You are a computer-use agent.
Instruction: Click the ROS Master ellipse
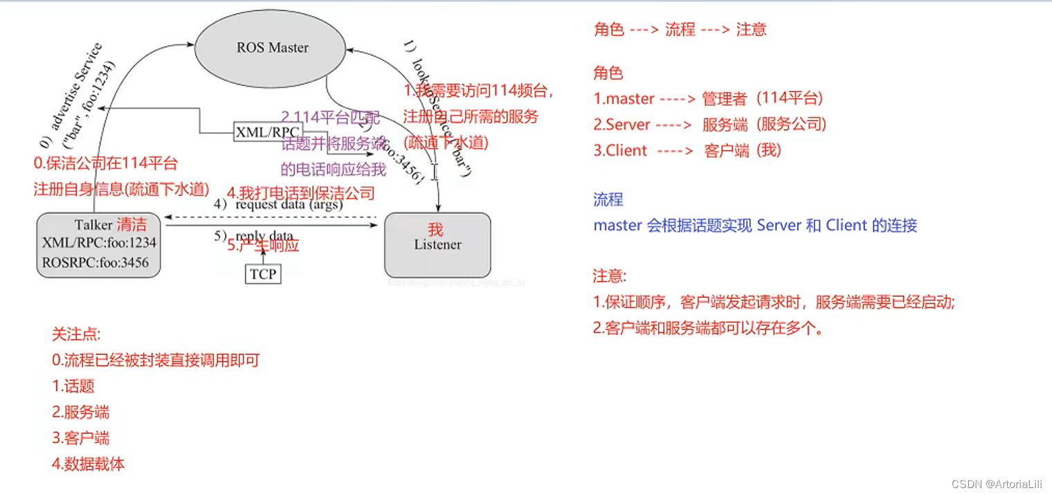tap(271, 47)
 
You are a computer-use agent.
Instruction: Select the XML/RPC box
tap(268, 132)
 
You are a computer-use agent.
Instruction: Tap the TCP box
tap(263, 274)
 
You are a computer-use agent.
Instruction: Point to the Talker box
tap(98, 245)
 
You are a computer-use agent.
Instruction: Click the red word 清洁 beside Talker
tap(131, 224)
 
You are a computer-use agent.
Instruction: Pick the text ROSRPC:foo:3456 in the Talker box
tap(95, 262)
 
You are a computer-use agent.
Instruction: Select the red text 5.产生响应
tap(263, 245)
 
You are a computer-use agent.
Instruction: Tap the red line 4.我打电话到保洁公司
tap(301, 192)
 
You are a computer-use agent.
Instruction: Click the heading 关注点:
tap(76, 334)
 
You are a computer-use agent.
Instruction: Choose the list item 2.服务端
tap(80, 413)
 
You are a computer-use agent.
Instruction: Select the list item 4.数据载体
tap(88, 464)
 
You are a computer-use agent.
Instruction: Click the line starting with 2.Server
tap(709, 125)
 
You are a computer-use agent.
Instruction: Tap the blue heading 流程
tap(608, 199)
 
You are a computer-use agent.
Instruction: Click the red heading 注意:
tap(609, 276)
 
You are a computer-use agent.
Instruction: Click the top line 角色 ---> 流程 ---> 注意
tap(680, 29)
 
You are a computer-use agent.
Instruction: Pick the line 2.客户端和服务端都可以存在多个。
tap(709, 328)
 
